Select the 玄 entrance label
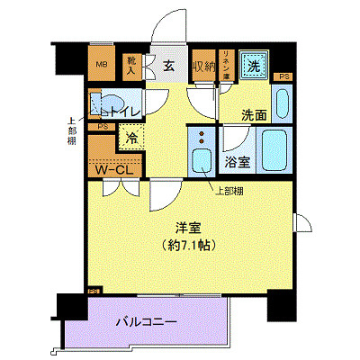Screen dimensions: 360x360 point(168,65)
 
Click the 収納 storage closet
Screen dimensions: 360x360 point(202,65)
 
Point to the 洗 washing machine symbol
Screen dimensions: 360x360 point(254,65)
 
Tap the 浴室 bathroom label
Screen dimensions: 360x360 point(238,164)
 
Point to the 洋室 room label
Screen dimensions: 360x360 point(187,227)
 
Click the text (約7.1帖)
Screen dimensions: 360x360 point(187,245)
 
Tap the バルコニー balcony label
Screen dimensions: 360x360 point(145,321)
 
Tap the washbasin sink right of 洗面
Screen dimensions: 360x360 point(282,106)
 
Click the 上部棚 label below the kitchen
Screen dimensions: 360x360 point(229,191)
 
